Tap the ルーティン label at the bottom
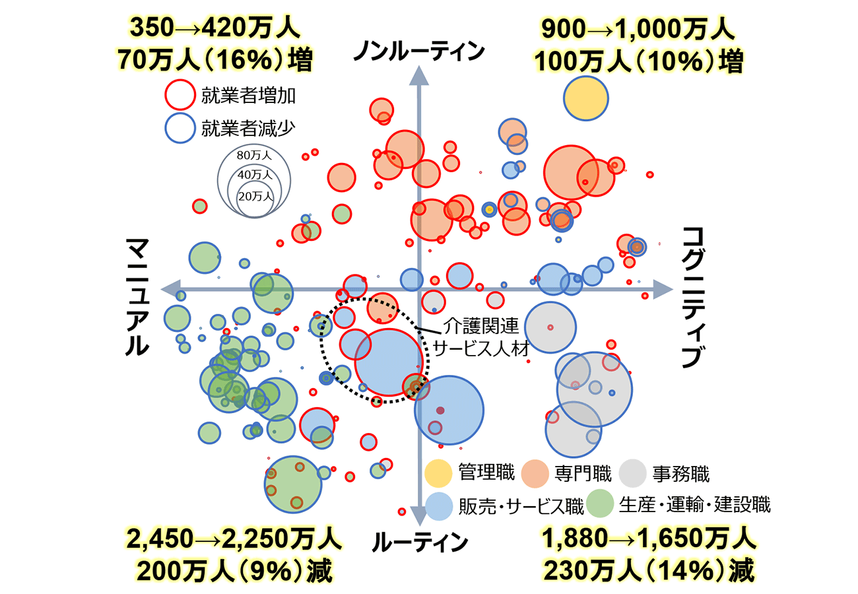(420, 543)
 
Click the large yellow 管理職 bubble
(585, 98)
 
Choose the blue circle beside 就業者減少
(180, 128)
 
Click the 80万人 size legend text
(254, 156)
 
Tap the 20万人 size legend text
(255, 195)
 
